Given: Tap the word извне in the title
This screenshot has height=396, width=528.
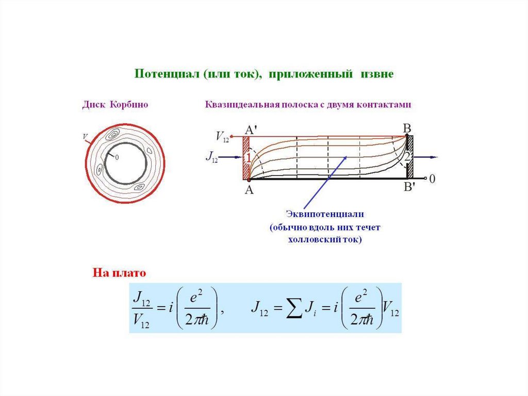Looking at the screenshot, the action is (x=378, y=74).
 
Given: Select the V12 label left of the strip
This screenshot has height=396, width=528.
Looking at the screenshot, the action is (x=222, y=137).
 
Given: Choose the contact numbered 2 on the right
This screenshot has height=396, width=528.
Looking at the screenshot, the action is (x=407, y=157).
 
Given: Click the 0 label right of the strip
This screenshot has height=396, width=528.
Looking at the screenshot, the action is (x=433, y=179).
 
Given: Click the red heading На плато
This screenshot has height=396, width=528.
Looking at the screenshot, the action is (x=120, y=272).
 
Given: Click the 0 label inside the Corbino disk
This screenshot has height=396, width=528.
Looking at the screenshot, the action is (x=117, y=157).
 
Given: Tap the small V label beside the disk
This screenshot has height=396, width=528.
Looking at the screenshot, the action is (x=84, y=137).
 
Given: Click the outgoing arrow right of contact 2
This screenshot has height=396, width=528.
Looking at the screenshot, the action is (x=426, y=157).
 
